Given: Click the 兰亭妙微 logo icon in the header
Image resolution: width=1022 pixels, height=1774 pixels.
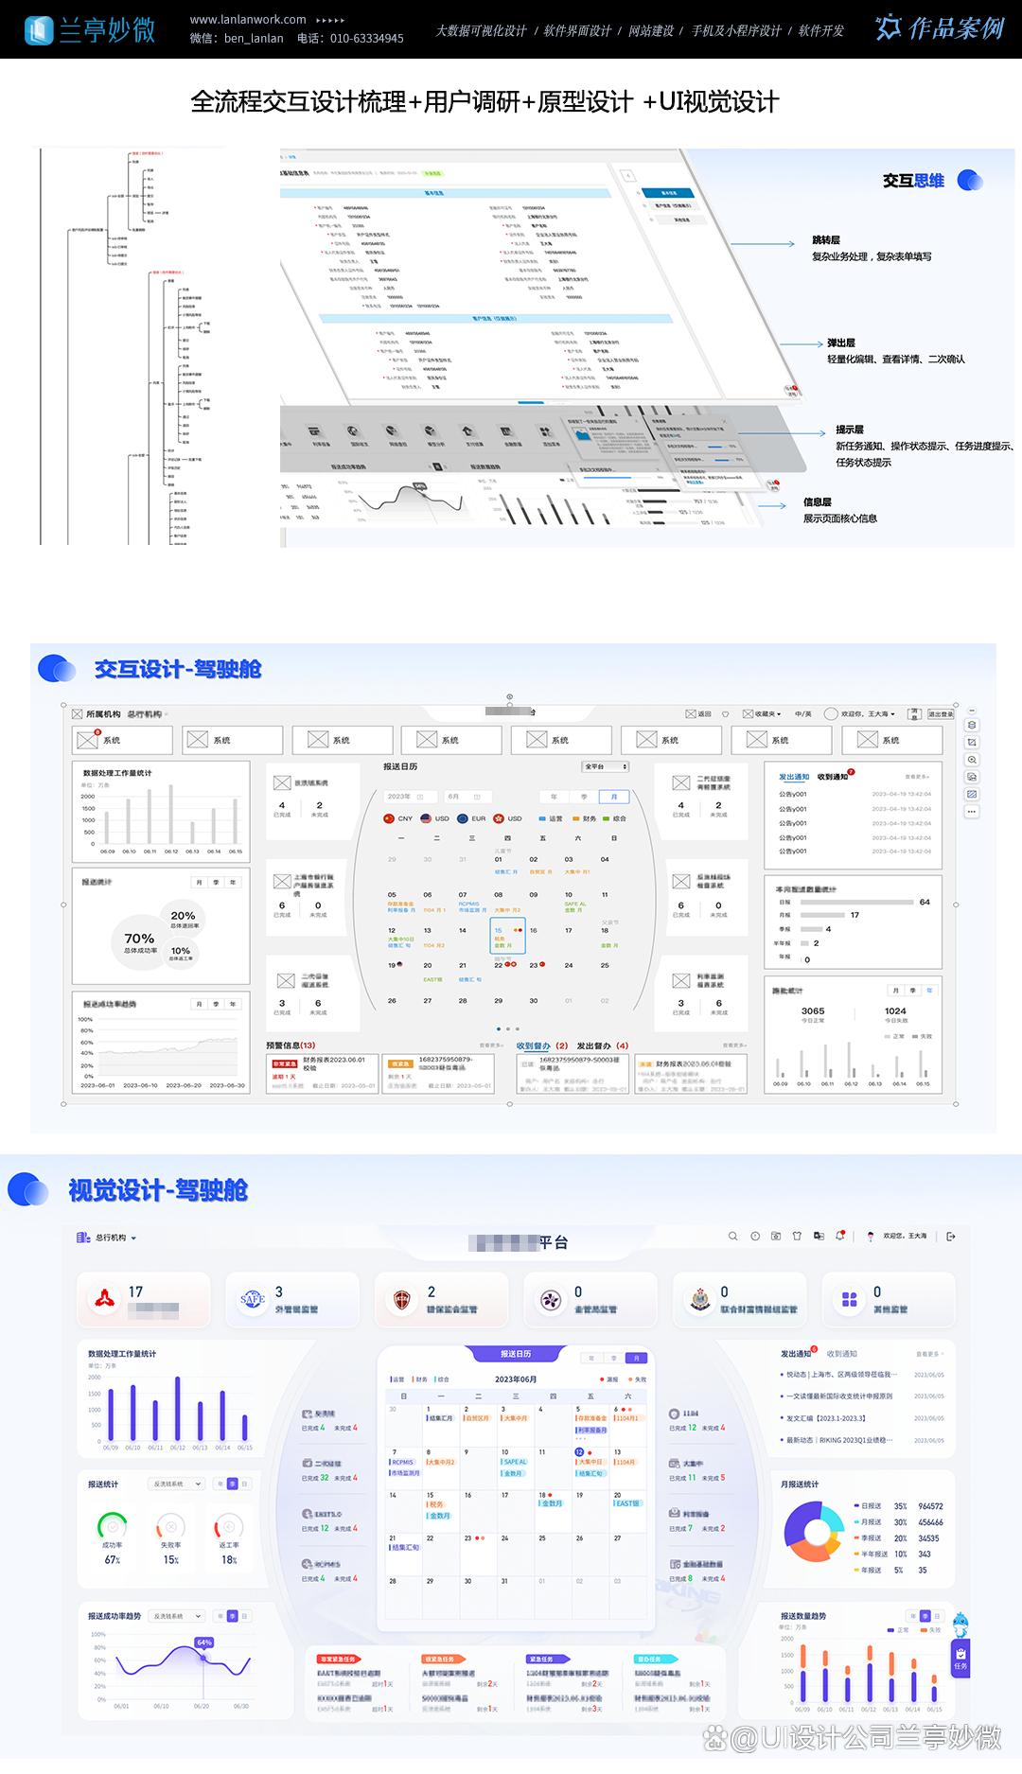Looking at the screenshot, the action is pos(39,30).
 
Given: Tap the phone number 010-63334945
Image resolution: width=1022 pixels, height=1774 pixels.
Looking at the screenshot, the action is pos(366,39).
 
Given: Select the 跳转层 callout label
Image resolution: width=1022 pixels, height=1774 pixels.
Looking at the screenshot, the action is pos(825,240).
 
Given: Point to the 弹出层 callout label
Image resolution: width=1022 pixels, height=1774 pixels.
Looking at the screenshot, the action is pos(840,343).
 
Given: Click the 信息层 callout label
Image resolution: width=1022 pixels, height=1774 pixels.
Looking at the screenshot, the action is pos(817,502).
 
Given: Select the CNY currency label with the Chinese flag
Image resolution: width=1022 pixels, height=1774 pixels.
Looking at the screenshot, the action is pos(398,818).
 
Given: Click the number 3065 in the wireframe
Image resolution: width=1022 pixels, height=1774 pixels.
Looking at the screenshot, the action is pos(813,1010).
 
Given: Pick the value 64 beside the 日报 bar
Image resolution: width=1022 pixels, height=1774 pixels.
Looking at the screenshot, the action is pos(925,902).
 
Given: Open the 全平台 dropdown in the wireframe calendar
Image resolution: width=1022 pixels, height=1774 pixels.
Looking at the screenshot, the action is pos(606,766).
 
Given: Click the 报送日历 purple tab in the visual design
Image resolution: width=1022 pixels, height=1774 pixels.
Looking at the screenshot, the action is pos(516,1354).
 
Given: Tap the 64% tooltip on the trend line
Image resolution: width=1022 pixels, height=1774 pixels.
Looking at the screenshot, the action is pos(203,1642).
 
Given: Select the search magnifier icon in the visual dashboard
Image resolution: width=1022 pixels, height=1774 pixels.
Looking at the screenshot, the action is pos(732,1237).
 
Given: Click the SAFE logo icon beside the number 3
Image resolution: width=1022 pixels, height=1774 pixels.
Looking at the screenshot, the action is pos(252,1299).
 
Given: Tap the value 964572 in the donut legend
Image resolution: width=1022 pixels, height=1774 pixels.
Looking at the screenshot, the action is pos(930,1506).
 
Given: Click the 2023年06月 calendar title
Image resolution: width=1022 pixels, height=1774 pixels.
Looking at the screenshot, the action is pos(516,1379).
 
